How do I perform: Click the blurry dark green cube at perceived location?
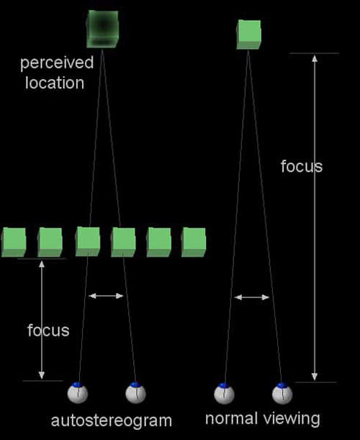coord(102,29)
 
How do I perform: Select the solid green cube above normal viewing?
coord(248,35)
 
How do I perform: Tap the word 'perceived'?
coord(57,63)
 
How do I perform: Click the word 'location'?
coord(55,83)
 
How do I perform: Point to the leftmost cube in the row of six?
coord(14,242)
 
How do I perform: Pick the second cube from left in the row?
coord(50,242)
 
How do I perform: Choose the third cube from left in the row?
coord(88,242)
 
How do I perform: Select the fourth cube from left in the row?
coord(123,242)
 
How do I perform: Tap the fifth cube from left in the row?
coord(159,242)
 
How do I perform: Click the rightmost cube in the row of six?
coord(194,242)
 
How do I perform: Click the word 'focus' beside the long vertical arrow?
coord(302,166)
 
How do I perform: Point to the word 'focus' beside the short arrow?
coord(48,331)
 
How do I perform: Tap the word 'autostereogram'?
coord(112,421)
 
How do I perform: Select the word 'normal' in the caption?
coord(232,418)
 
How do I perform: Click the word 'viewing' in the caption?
coord(292,419)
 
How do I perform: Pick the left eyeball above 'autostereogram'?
coord(78,393)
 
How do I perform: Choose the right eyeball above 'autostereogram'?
coord(135,392)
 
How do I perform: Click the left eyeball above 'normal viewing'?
coord(224,394)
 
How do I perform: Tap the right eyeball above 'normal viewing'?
coord(282,393)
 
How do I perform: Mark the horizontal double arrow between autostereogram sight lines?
coord(106,296)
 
